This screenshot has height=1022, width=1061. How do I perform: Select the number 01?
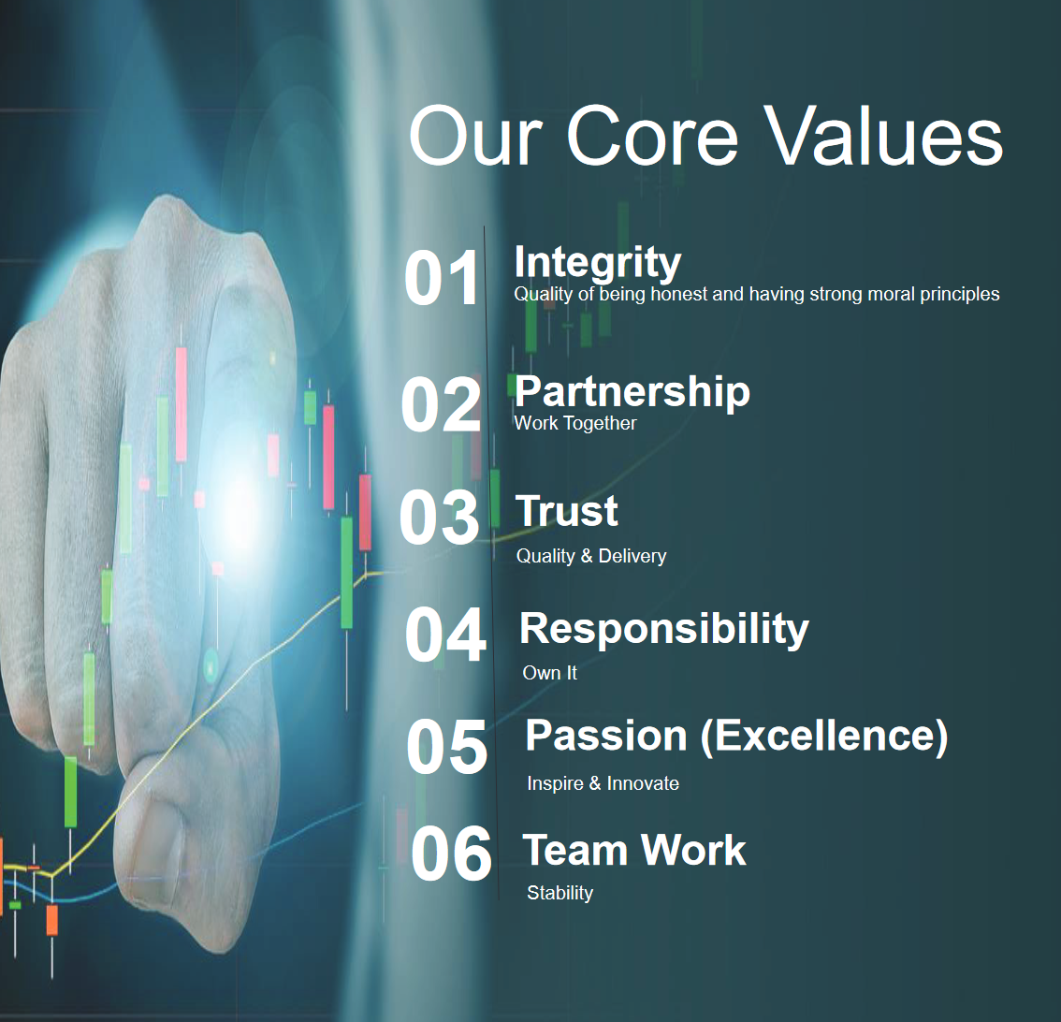click(442, 278)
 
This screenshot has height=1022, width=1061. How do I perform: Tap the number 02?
click(441, 404)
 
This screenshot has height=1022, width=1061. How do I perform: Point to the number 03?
click(439, 518)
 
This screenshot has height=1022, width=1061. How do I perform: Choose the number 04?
click(445, 635)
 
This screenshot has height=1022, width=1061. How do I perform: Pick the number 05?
click(446, 747)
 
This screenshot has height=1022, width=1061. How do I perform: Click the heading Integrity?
click(598, 263)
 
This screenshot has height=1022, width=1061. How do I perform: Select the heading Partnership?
click(632, 392)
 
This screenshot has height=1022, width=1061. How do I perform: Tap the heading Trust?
click(567, 510)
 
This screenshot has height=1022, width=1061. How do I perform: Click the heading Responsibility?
click(663, 630)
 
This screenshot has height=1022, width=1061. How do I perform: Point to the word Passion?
click(606, 736)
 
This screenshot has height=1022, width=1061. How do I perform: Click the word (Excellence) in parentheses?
click(823, 737)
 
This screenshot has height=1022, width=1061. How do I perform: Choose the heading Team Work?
click(634, 850)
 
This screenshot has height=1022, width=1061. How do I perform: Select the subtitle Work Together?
click(575, 423)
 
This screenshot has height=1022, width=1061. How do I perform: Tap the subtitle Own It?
click(549, 673)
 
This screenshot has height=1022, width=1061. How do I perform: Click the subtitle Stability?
click(560, 893)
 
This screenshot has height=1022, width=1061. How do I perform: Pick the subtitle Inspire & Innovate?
click(603, 783)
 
